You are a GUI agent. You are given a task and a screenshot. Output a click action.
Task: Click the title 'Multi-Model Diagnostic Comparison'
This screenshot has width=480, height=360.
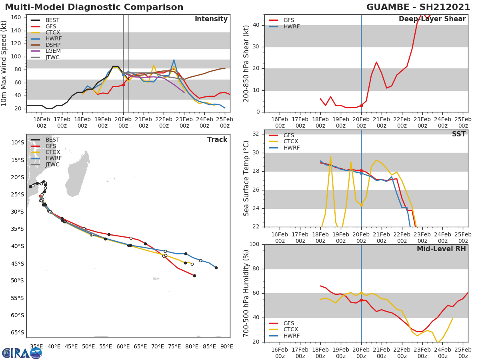click(x=94, y=7)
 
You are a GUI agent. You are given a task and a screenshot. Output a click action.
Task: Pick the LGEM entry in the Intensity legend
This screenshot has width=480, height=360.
click(x=53, y=51)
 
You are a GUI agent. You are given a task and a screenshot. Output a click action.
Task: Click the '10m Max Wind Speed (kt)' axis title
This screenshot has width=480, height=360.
click(x=4, y=63)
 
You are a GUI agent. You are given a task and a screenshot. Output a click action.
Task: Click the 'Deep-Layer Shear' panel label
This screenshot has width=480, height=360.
click(x=432, y=19)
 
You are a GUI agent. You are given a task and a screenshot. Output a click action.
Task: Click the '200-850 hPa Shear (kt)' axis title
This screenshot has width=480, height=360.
click(x=246, y=63)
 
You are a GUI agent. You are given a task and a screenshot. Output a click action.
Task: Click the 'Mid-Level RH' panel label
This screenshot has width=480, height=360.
click(x=441, y=249)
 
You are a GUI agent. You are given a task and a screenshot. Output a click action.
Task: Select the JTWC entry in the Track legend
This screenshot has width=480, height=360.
click(x=52, y=164)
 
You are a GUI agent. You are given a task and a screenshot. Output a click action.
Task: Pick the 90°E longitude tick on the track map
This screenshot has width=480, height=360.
click(x=227, y=346)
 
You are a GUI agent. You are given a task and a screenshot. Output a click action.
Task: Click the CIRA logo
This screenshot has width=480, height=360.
click(x=22, y=353)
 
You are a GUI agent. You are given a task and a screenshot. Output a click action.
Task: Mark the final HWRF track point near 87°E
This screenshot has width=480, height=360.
click(x=216, y=268)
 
